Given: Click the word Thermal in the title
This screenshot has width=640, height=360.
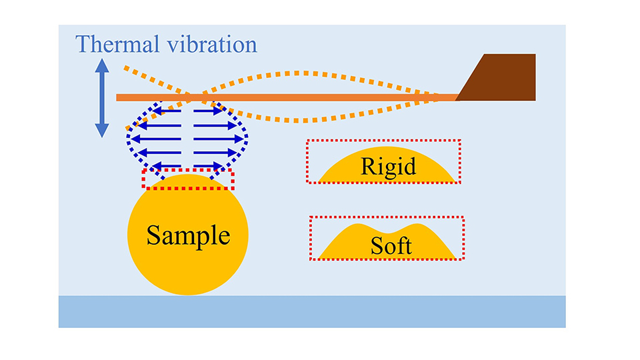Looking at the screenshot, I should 115,45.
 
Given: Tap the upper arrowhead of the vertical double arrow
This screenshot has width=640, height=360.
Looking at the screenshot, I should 101,65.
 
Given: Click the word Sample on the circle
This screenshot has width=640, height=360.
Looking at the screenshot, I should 188,235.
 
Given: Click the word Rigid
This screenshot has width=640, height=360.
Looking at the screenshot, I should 388,166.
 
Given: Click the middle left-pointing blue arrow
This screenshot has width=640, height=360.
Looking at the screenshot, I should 156,139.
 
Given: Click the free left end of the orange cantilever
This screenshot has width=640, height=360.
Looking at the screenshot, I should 120,97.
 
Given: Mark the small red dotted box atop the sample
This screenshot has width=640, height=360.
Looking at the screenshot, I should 188,179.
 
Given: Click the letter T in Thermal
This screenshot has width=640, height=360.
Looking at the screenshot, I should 83,45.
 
